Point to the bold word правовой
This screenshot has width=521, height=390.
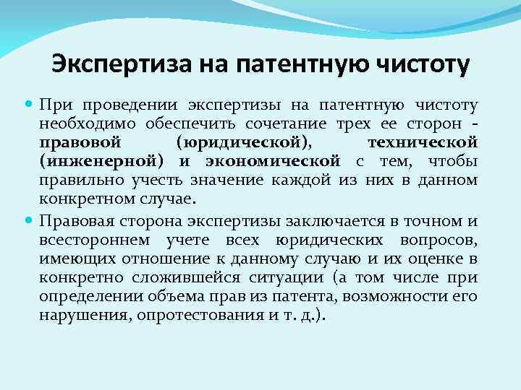(x=76, y=142)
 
